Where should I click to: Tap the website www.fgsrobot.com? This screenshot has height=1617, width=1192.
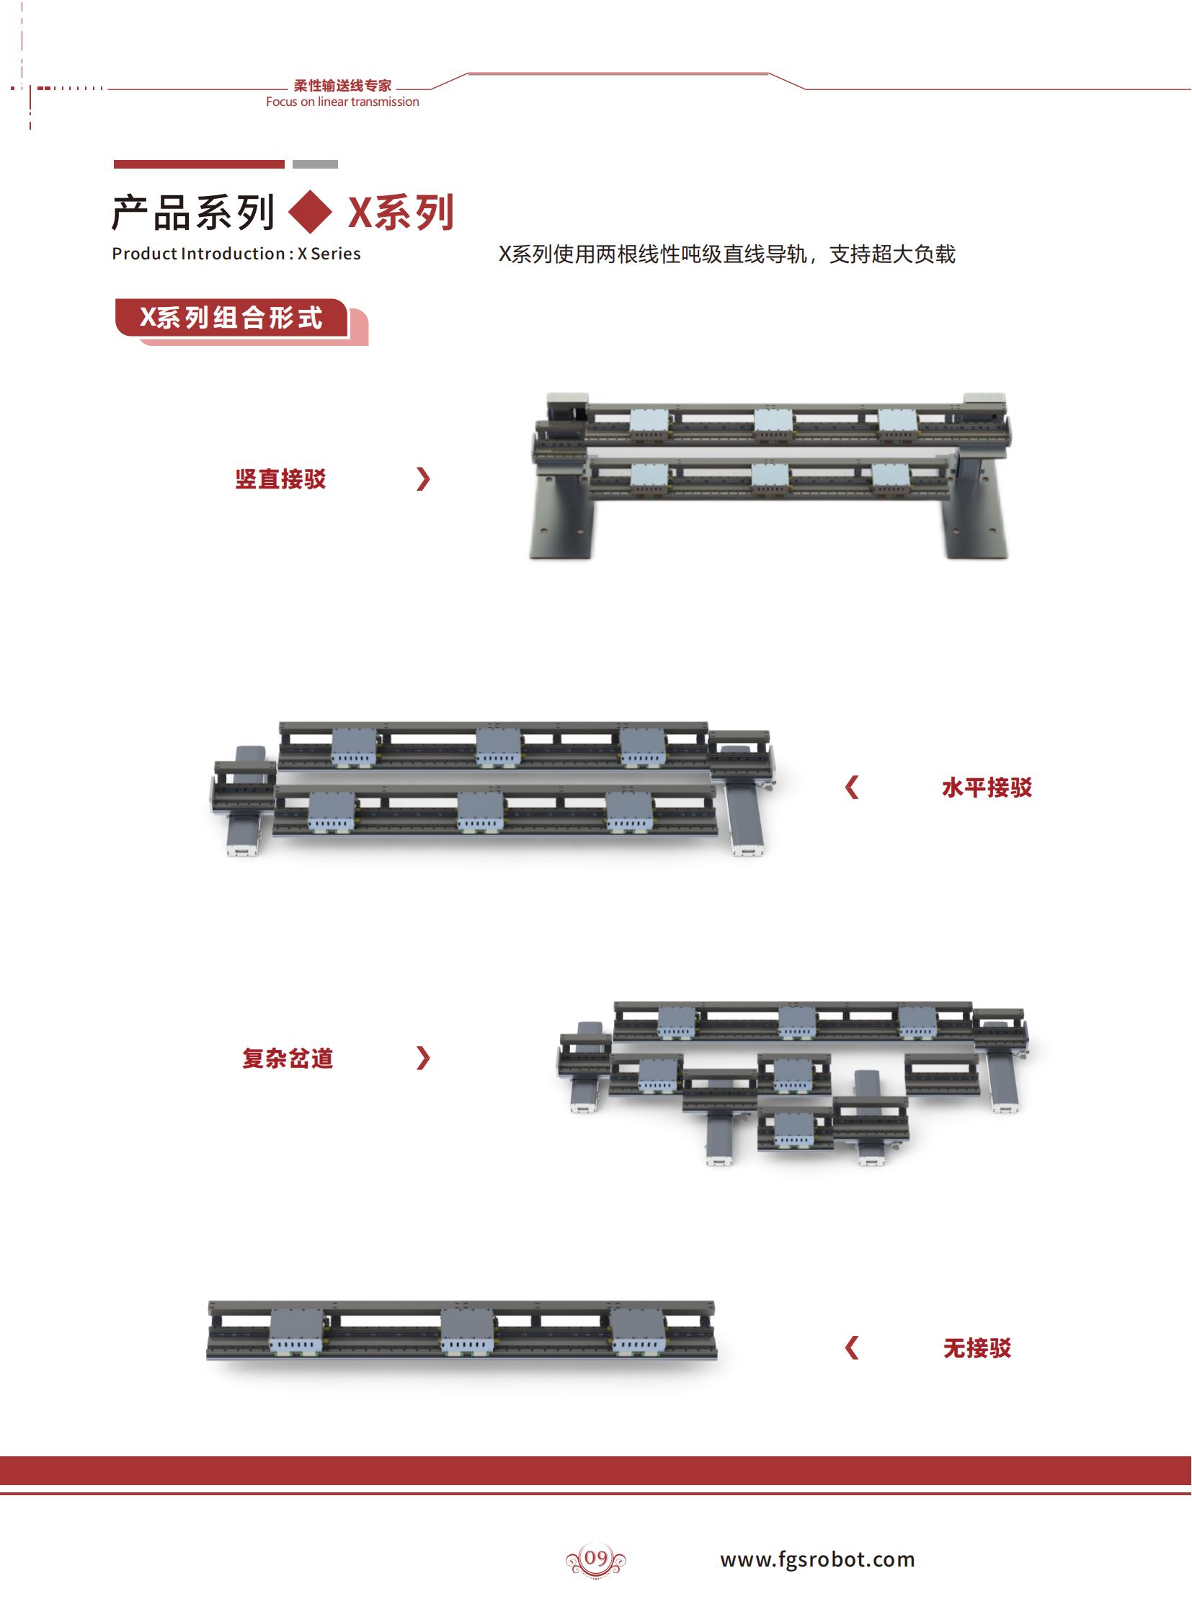point(817,1559)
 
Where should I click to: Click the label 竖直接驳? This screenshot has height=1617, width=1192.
point(280,479)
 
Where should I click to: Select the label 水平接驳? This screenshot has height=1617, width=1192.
point(987,787)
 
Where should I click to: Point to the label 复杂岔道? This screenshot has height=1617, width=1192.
point(288,1059)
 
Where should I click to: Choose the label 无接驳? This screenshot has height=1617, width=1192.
point(977,1348)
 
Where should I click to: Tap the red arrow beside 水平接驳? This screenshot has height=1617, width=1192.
point(852,787)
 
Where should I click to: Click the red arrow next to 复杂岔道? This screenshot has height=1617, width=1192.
point(424,1059)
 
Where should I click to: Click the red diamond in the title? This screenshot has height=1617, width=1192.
point(311,212)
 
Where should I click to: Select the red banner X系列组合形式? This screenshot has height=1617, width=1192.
point(231,318)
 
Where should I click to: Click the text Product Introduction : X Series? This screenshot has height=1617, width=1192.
point(236,254)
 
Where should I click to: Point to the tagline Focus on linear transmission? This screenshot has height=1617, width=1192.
point(342,102)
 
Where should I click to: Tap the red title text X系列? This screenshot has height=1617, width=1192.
point(401,213)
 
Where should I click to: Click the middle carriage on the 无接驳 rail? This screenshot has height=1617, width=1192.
point(468,1332)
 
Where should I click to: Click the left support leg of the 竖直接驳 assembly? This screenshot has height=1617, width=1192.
point(563,508)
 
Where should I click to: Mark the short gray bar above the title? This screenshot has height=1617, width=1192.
point(316,164)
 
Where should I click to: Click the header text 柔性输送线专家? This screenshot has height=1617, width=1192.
point(343,86)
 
